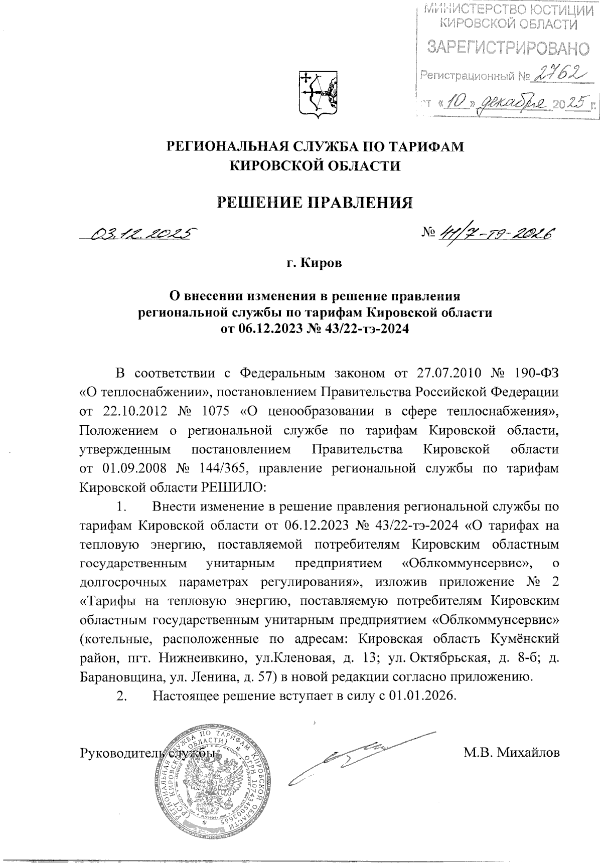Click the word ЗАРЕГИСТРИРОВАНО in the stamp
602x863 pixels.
[x=508, y=48]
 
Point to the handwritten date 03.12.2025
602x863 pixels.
[x=142, y=234]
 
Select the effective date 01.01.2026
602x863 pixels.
[x=422, y=696]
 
